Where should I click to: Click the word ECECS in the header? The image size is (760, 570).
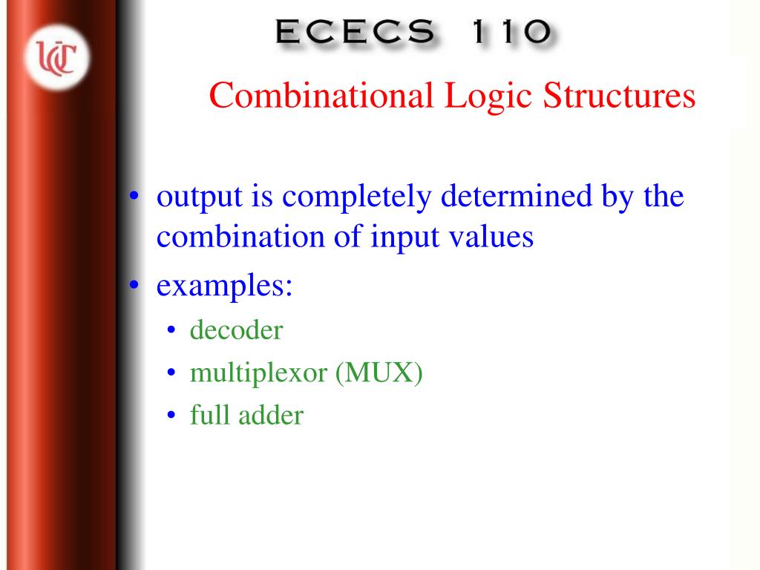tap(354, 32)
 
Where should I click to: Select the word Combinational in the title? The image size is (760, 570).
tap(321, 96)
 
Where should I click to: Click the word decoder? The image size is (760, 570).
tap(236, 330)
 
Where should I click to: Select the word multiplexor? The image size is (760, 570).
tap(258, 373)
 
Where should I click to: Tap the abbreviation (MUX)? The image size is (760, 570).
tap(379, 373)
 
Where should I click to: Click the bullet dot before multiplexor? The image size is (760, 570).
tap(171, 373)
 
